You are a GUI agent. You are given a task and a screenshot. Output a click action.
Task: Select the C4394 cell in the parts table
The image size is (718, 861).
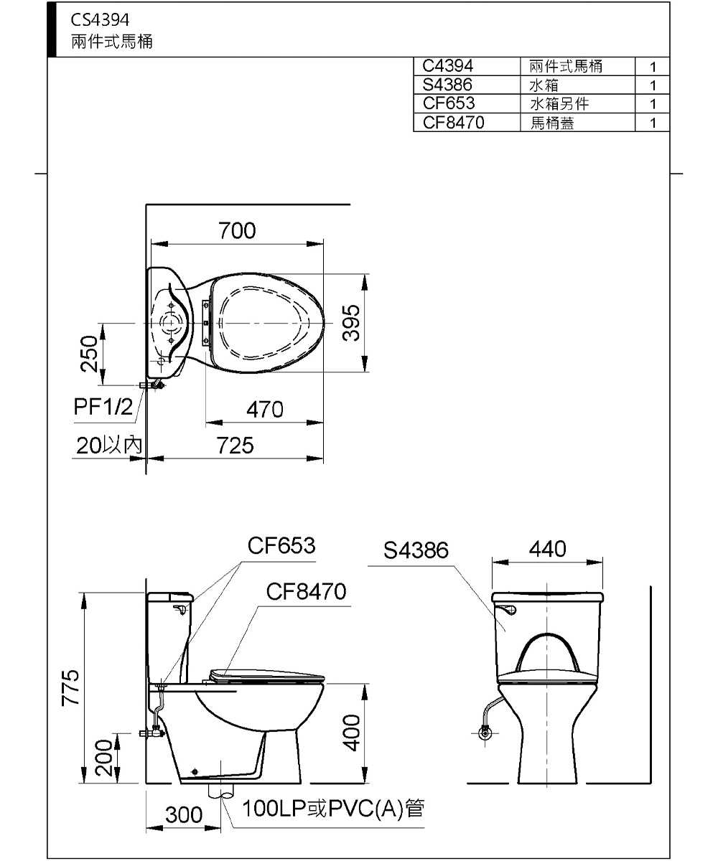447,67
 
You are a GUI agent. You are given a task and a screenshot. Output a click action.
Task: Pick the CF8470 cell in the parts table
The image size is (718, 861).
454,123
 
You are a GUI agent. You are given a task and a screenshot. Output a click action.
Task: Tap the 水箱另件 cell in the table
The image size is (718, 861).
559,104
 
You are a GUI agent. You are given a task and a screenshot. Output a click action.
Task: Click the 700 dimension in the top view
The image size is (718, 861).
237,230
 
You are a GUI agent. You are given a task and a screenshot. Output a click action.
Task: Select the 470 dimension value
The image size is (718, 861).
264,410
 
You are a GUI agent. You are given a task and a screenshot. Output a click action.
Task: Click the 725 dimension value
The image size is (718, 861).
236,446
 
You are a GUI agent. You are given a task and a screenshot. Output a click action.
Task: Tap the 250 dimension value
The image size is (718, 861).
89,353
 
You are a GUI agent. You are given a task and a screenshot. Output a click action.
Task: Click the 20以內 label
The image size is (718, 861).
109,446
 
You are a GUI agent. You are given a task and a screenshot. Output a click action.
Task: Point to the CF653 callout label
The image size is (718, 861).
281,546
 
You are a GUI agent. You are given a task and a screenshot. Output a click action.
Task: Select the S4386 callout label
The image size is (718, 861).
416,550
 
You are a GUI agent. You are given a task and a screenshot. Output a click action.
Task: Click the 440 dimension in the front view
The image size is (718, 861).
547,550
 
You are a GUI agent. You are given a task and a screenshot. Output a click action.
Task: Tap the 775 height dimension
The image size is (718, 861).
69,687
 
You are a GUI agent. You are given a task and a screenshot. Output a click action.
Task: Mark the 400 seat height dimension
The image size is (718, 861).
351,733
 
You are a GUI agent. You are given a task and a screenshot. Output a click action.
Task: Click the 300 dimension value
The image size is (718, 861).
183,816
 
